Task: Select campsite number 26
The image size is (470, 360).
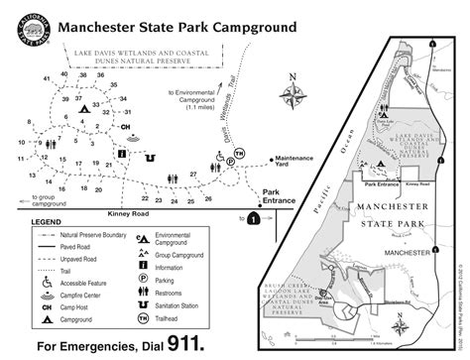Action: (x=208, y=199)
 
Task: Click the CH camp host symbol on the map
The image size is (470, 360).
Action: (x=126, y=127)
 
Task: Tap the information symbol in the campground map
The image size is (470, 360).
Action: (x=121, y=153)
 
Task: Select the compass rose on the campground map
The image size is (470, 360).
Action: (x=294, y=95)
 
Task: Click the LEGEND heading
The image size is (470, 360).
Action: (x=47, y=222)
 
